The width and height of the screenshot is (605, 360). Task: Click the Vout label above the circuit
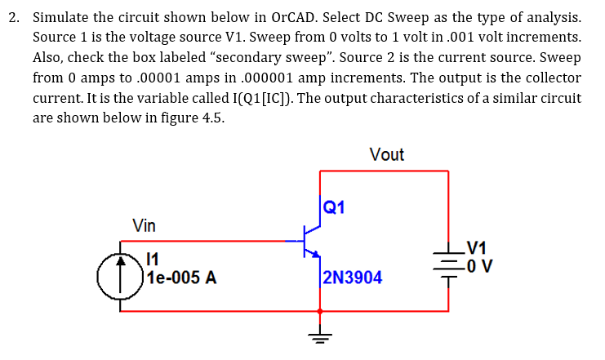tap(386, 154)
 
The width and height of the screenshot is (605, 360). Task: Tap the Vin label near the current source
tap(144, 225)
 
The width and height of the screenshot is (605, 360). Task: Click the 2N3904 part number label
tap(352, 278)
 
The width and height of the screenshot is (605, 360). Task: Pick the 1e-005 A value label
tap(180, 278)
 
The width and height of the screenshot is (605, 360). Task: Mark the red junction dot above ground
tap(319, 310)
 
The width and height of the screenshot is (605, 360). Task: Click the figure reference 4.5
tap(211, 117)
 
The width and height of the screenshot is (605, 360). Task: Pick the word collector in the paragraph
tap(551, 78)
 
